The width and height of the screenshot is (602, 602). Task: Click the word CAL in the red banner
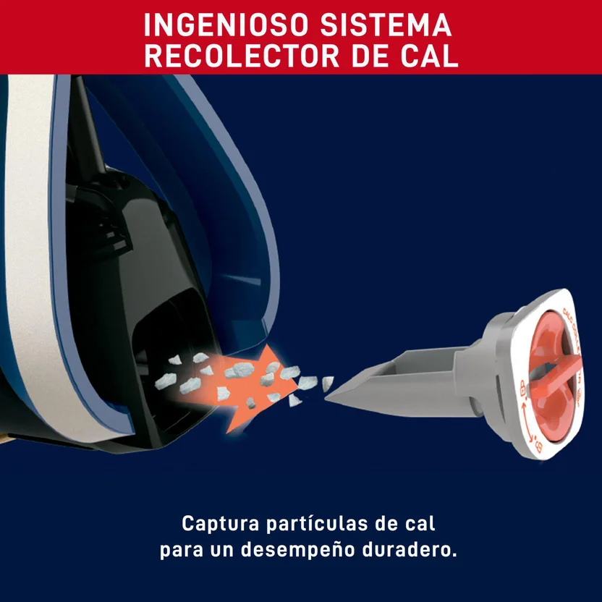[429, 56]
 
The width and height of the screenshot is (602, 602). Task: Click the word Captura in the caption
[215, 523]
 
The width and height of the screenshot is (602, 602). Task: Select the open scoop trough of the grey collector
[405, 369]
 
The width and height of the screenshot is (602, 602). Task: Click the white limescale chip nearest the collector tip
[327, 382]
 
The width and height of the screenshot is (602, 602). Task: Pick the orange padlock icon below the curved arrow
[538, 449]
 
